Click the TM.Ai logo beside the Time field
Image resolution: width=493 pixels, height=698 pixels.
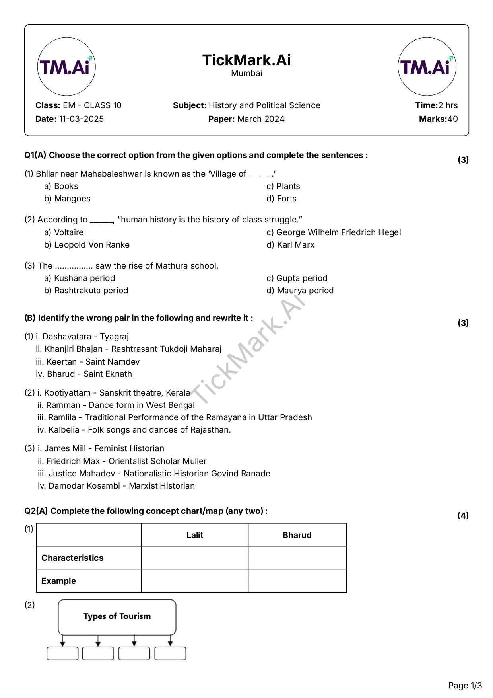427,66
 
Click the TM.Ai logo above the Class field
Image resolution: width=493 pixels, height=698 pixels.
66,66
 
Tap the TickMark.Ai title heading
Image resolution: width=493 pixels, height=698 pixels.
246,60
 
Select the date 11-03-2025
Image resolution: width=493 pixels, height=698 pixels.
81,119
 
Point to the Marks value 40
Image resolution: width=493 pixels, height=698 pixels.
452,119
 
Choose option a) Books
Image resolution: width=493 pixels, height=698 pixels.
61,186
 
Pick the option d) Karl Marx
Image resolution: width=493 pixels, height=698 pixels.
290,245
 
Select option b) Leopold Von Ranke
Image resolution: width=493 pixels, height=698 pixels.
87,245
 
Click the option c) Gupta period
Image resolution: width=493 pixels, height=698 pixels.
297,278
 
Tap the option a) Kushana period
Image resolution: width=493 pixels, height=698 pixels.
80,278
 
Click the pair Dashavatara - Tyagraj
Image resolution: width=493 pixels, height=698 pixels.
82,337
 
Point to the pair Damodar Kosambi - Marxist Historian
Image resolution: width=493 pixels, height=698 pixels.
116,486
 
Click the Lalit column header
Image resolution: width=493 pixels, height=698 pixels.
195,535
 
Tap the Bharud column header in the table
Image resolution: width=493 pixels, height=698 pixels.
297,535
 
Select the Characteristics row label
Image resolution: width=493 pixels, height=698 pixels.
72,558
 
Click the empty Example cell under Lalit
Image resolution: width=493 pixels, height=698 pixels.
195,581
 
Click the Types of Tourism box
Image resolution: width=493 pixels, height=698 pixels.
117,616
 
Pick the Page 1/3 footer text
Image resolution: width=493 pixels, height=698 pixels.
465,686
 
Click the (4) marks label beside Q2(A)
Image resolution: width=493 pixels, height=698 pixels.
463,515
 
